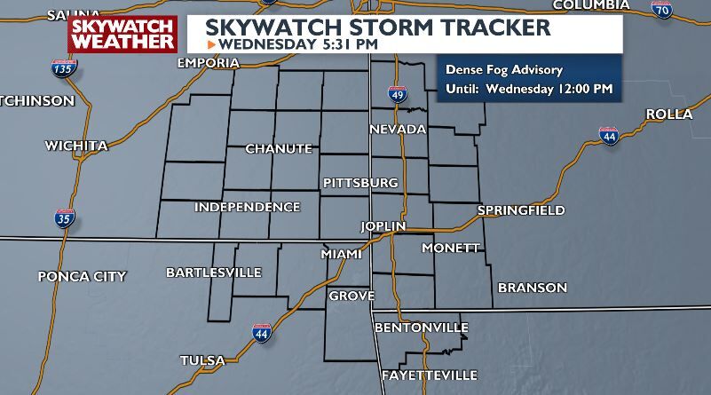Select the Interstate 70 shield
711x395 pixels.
660,11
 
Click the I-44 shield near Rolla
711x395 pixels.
609,138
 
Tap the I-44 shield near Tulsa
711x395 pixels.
262,333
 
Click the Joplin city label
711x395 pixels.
383,226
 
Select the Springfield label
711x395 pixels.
521,210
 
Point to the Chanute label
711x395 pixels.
279,148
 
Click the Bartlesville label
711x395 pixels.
214,272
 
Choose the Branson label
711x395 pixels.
533,288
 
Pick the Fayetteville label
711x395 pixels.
430,375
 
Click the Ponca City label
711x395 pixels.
82,276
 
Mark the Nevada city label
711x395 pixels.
398,130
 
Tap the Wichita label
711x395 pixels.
76,145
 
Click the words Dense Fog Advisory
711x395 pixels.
505,70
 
